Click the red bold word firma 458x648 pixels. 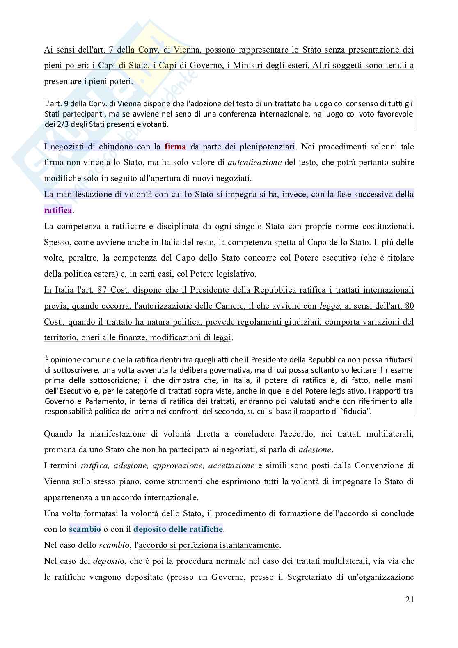coord(175,147)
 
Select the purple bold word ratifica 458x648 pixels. coord(58,211)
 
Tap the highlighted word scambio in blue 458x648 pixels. coord(85,529)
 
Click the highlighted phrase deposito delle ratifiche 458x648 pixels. coord(178,529)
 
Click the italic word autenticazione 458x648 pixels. coord(254,162)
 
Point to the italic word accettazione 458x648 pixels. coord(231,465)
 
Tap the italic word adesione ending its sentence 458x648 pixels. coord(315,449)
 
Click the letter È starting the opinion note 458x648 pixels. coord(46,360)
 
